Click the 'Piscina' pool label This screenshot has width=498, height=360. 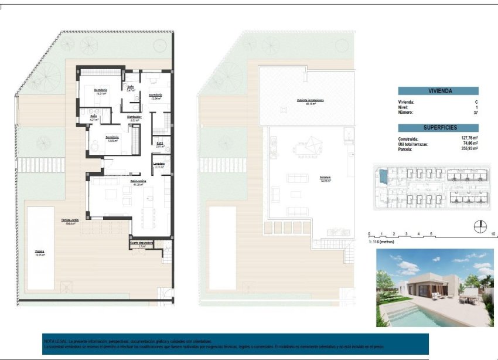coord(39,251)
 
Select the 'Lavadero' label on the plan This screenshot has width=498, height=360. coord(158,164)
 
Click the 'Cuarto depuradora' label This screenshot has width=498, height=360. coord(141,243)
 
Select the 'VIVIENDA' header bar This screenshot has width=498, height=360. coord(438,91)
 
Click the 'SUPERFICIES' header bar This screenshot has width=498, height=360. coord(438,127)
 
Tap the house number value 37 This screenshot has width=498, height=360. coord(475,112)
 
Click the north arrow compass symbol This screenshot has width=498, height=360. coord(479,226)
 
